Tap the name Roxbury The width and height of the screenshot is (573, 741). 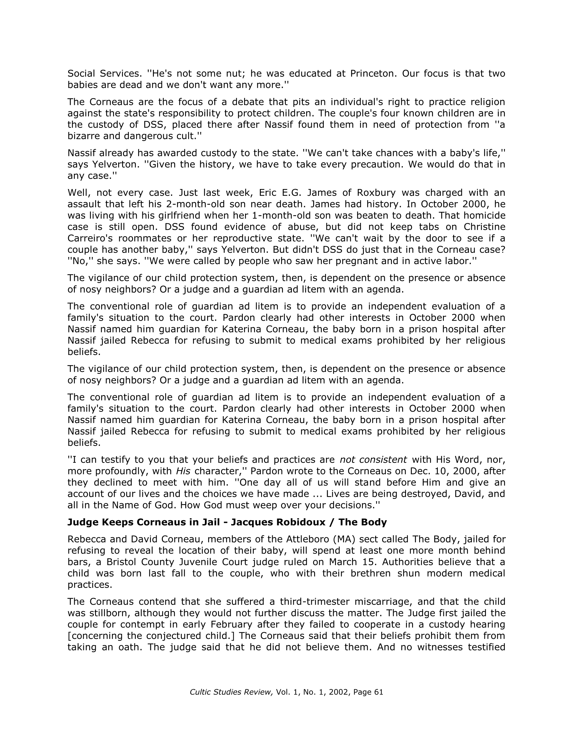point(376,193)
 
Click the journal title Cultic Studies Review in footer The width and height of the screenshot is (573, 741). point(231,692)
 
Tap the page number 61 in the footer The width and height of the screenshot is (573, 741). point(378,692)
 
